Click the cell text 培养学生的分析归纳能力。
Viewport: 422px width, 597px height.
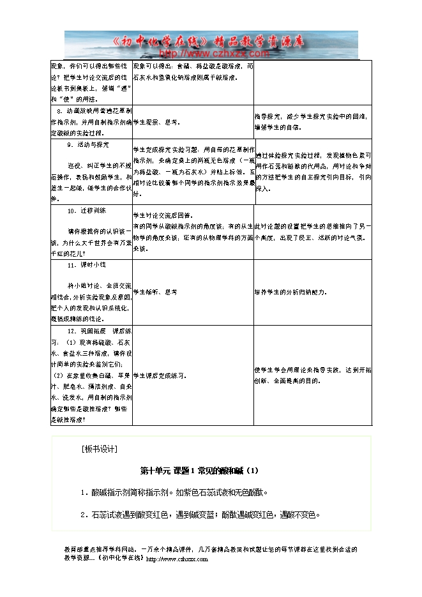291,292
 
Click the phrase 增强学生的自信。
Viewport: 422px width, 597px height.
278,126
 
